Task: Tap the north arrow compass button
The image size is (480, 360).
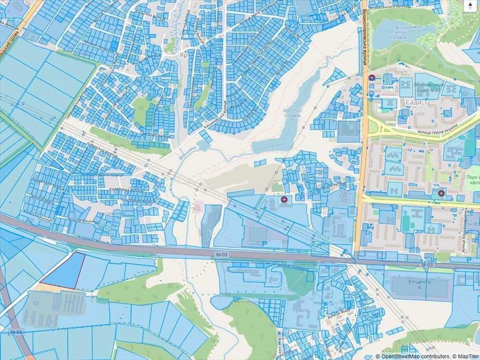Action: (x=470, y=6)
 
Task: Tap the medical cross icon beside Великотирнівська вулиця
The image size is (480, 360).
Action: (x=372, y=78)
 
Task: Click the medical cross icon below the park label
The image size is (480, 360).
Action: (x=441, y=193)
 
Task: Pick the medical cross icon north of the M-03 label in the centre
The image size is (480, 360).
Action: (x=283, y=199)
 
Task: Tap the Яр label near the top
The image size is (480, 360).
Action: (x=183, y=53)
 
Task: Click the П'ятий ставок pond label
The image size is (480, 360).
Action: (x=395, y=31)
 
